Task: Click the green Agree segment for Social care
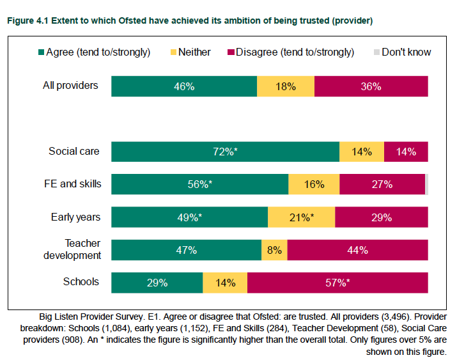pos(225,152)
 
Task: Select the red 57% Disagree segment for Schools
pos(337,283)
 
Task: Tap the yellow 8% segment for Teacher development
pos(274,250)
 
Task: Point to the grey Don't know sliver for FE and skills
pos(427,184)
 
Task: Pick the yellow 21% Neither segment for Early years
pos(301,217)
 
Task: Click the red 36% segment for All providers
pos(371,86)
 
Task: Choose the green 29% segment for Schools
pos(157,283)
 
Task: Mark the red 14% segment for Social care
pos(406,152)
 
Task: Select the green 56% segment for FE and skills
pos(200,184)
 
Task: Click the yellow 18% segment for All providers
pos(286,86)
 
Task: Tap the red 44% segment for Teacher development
pos(358,250)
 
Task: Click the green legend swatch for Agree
pos(41,52)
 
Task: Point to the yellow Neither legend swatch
pos(173,52)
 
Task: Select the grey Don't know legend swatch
pos(376,52)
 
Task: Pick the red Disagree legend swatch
pos(231,52)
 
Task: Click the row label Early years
pos(76,217)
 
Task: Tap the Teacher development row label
pos(72,249)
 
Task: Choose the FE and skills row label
pos(73,184)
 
